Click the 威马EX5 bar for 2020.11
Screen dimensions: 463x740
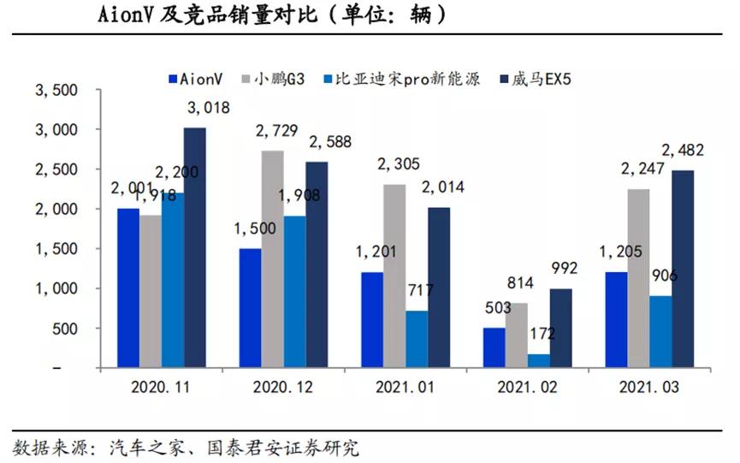coord(195,248)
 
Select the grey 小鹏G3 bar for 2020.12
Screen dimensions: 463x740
coord(273,259)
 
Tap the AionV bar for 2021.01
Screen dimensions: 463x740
coord(371,320)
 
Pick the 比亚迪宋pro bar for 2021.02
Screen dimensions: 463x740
coord(538,360)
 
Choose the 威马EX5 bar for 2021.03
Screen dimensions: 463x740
coord(683,269)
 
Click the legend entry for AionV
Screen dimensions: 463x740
coord(196,79)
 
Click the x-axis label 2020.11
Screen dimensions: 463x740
coord(160,387)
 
